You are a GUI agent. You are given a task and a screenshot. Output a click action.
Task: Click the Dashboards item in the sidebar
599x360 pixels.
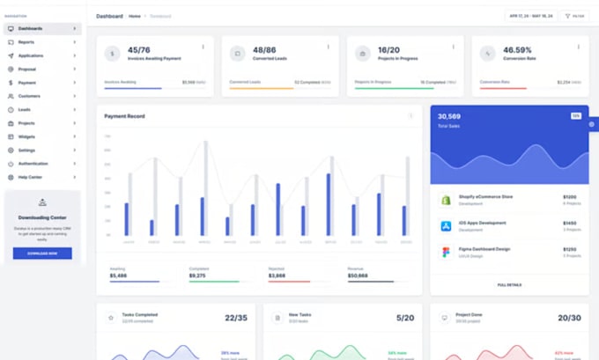click(30, 28)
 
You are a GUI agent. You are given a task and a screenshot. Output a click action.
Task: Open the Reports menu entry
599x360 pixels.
click(26, 42)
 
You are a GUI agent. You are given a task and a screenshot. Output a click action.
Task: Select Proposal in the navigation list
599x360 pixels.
click(27, 69)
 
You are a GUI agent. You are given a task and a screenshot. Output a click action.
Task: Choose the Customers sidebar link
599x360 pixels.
click(29, 96)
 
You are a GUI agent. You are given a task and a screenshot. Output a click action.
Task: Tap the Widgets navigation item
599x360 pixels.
click(26, 136)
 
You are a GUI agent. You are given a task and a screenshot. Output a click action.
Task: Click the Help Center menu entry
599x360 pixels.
click(30, 177)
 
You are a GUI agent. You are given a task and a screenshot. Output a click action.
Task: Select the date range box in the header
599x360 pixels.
click(530, 16)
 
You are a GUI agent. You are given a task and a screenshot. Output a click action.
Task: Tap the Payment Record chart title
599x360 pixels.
click(124, 116)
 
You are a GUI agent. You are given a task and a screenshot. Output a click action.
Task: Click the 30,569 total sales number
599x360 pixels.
click(449, 116)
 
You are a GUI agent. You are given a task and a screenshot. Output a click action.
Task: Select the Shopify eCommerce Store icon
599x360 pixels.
click(446, 200)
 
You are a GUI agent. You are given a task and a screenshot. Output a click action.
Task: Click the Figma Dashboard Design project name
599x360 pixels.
click(483, 248)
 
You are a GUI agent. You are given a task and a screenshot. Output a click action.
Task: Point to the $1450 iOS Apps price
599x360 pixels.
click(569, 223)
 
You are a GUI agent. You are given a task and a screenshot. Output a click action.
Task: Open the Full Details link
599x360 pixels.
click(509, 284)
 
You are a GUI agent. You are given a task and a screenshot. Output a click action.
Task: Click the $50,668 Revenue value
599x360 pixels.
click(359, 276)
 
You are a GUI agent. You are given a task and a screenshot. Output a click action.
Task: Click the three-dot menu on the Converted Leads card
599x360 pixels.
click(329, 47)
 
